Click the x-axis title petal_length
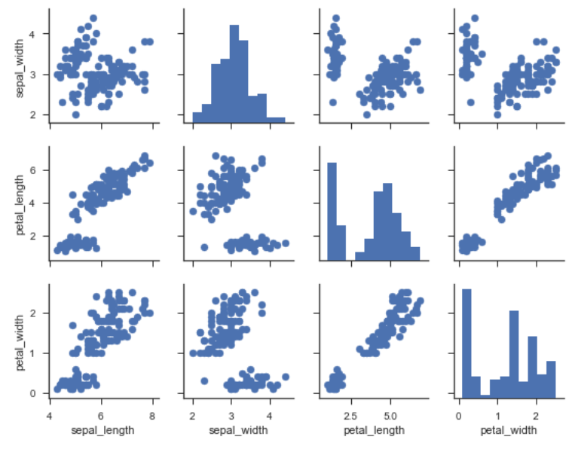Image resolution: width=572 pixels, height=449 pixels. [x=373, y=430]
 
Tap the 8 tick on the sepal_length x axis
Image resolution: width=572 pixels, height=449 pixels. [x=152, y=414]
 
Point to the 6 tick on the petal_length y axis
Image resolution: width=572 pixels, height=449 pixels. [x=35, y=170]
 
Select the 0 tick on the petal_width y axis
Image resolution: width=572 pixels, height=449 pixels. [x=35, y=392]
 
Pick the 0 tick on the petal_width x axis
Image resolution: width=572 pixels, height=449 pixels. [x=458, y=414]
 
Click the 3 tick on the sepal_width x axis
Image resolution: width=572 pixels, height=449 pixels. [x=231, y=414]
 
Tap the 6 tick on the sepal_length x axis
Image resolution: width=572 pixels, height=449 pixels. [x=101, y=414]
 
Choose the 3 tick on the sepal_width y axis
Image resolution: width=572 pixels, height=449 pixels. [x=35, y=75]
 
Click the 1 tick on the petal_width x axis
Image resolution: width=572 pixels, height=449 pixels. [x=497, y=414]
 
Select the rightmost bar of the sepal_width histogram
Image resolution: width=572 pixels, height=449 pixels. [x=276, y=120]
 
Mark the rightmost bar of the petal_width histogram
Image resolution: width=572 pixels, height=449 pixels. [x=551, y=379]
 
